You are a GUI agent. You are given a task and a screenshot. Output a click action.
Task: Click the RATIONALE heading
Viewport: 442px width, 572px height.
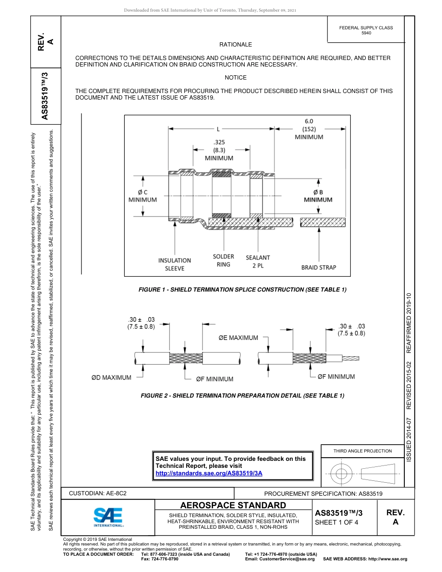(x=235, y=45)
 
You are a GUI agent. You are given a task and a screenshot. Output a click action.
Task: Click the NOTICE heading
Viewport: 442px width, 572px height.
(x=235, y=78)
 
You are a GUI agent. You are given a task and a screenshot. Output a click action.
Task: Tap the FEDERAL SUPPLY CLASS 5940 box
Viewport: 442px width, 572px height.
(x=366, y=30)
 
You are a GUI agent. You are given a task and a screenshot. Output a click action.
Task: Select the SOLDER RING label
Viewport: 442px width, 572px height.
(x=223, y=260)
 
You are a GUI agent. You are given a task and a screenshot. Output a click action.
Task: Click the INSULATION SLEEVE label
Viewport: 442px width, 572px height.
(x=174, y=264)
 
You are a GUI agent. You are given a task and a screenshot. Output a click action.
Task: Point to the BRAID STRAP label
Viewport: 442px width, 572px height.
(x=318, y=267)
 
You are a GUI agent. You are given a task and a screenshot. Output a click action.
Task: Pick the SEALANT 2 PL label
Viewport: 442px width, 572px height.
(x=258, y=261)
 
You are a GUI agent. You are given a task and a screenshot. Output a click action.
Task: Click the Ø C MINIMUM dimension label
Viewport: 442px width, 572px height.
(x=142, y=196)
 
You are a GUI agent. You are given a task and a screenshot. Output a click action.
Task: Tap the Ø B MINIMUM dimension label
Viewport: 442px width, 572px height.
(x=318, y=196)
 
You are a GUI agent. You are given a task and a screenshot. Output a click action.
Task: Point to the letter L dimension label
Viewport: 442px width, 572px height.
(x=218, y=129)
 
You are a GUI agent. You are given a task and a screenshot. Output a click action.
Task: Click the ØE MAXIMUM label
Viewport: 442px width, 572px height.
(x=238, y=338)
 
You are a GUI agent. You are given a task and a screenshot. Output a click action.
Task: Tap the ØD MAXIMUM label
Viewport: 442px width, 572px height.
(x=111, y=377)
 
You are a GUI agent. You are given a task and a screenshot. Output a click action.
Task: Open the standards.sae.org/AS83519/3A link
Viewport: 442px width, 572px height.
(x=209, y=473)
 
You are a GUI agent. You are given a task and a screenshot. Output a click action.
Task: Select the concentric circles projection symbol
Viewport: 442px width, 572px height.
(x=342, y=474)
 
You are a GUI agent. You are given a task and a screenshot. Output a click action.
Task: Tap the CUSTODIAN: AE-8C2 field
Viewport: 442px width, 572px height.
(x=98, y=493)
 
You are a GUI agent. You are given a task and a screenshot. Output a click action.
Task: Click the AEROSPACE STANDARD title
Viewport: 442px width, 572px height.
(x=233, y=505)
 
